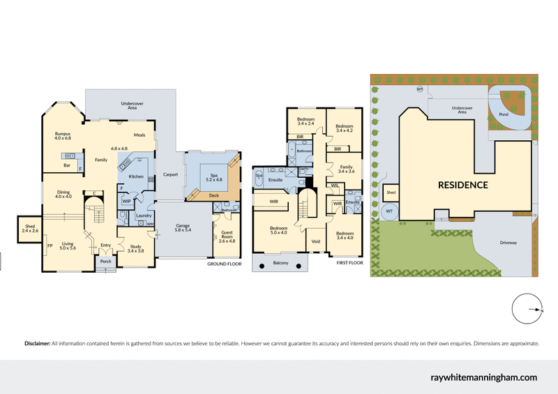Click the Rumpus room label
coord(63,135)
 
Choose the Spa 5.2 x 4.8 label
coord(213,177)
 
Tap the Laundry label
coord(143,215)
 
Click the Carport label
coord(170,174)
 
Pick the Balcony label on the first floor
coord(281,263)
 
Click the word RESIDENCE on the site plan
coord(462,185)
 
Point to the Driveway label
coord(508,243)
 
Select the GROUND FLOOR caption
coord(224,265)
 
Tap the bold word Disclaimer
coord(37,344)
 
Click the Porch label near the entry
coord(106,262)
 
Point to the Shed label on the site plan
coord(391,192)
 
